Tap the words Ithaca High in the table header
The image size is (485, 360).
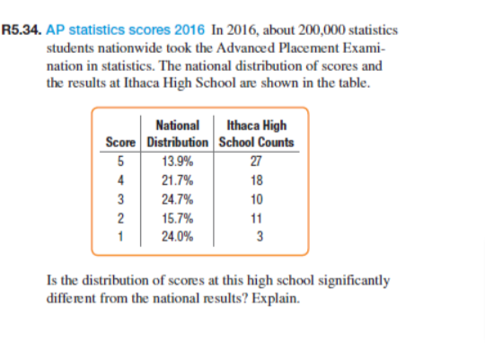(259, 127)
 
